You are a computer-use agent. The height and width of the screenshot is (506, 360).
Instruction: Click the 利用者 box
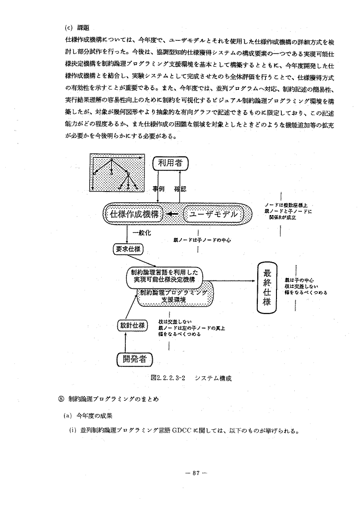coord(170,164)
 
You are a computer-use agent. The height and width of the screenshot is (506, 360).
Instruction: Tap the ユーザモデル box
coord(213,214)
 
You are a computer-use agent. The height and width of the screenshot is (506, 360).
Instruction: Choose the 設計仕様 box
coord(132,325)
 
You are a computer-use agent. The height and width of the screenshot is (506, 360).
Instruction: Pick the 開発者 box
coord(132,359)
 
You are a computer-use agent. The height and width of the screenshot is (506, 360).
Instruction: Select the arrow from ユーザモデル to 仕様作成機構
coord(175,214)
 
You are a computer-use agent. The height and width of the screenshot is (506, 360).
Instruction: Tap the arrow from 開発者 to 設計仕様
coord(126,342)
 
